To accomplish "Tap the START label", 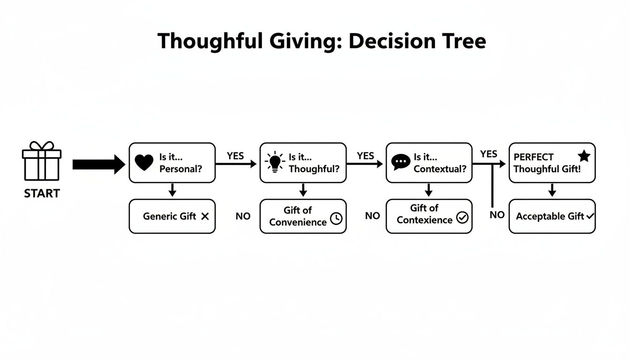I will coord(42,194).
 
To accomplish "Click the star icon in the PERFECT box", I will coord(584,157).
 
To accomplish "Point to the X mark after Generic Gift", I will coord(204,216).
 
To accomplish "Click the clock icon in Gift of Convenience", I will coord(336,218).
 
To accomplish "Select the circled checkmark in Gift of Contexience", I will coord(462,217).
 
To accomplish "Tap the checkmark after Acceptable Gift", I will coord(590,216).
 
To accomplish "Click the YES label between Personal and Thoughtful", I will coord(235,156).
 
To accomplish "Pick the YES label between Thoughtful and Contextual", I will coord(365,156).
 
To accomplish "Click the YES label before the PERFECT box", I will coord(488,154).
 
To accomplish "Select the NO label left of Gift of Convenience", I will coord(243,216).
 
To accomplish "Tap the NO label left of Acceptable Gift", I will coord(497,215).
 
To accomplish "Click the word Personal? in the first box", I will coord(181,169).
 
